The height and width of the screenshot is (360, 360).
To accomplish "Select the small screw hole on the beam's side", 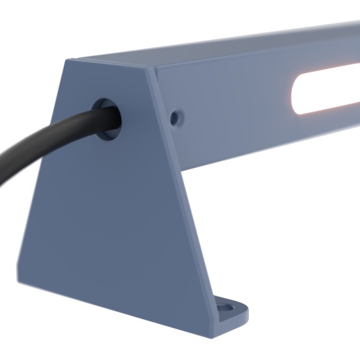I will [x=176, y=116].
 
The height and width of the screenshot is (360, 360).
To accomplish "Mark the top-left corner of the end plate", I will [x=68, y=60].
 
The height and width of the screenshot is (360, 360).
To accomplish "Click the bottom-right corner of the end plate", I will [x=212, y=336].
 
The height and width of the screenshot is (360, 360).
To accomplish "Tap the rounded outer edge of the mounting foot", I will [x=246, y=314].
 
